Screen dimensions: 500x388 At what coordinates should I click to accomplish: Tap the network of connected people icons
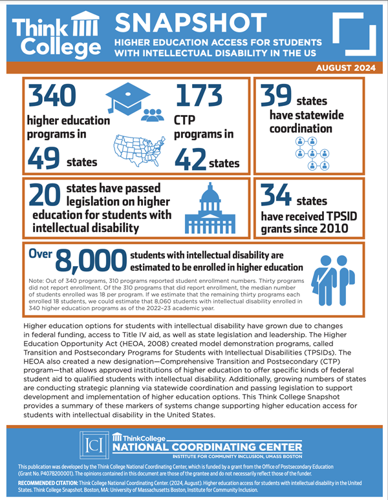click(311, 153)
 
